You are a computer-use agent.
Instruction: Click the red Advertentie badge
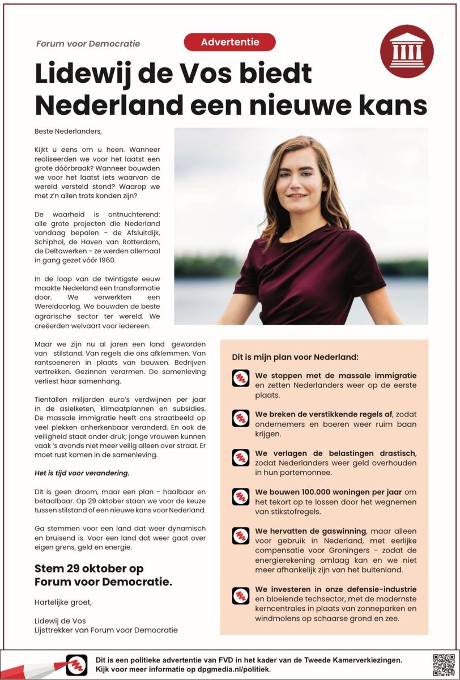[229, 42]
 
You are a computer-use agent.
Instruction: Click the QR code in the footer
[444, 664]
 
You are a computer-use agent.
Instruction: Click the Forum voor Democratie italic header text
[88, 44]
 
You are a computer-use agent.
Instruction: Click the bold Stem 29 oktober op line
[89, 569]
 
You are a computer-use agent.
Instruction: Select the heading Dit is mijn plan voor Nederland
[295, 358]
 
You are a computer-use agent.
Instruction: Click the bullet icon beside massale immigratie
[241, 378]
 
